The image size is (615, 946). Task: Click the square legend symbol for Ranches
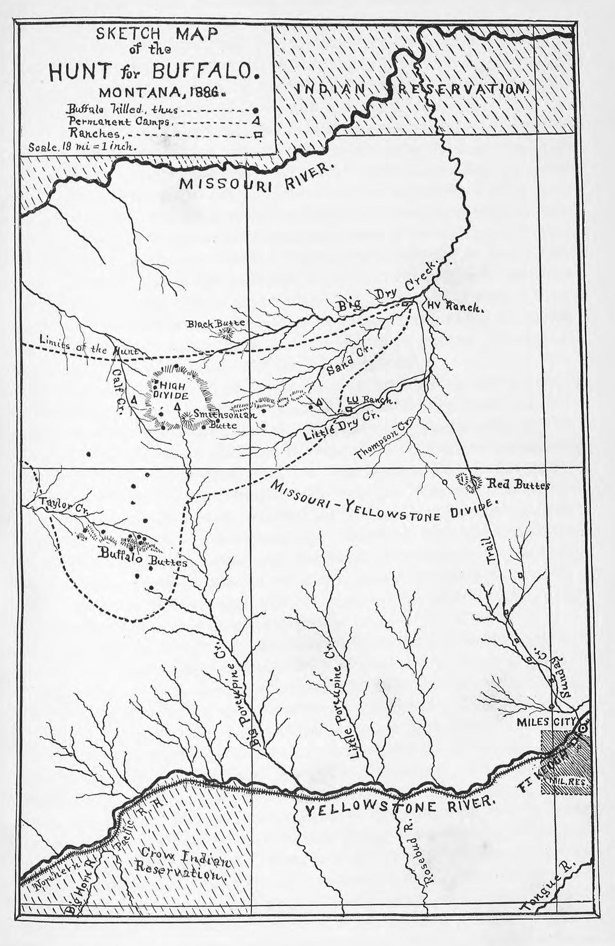coord(258,134)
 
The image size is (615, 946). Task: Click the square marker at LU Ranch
coord(350,409)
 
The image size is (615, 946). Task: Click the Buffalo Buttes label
coord(141,558)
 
